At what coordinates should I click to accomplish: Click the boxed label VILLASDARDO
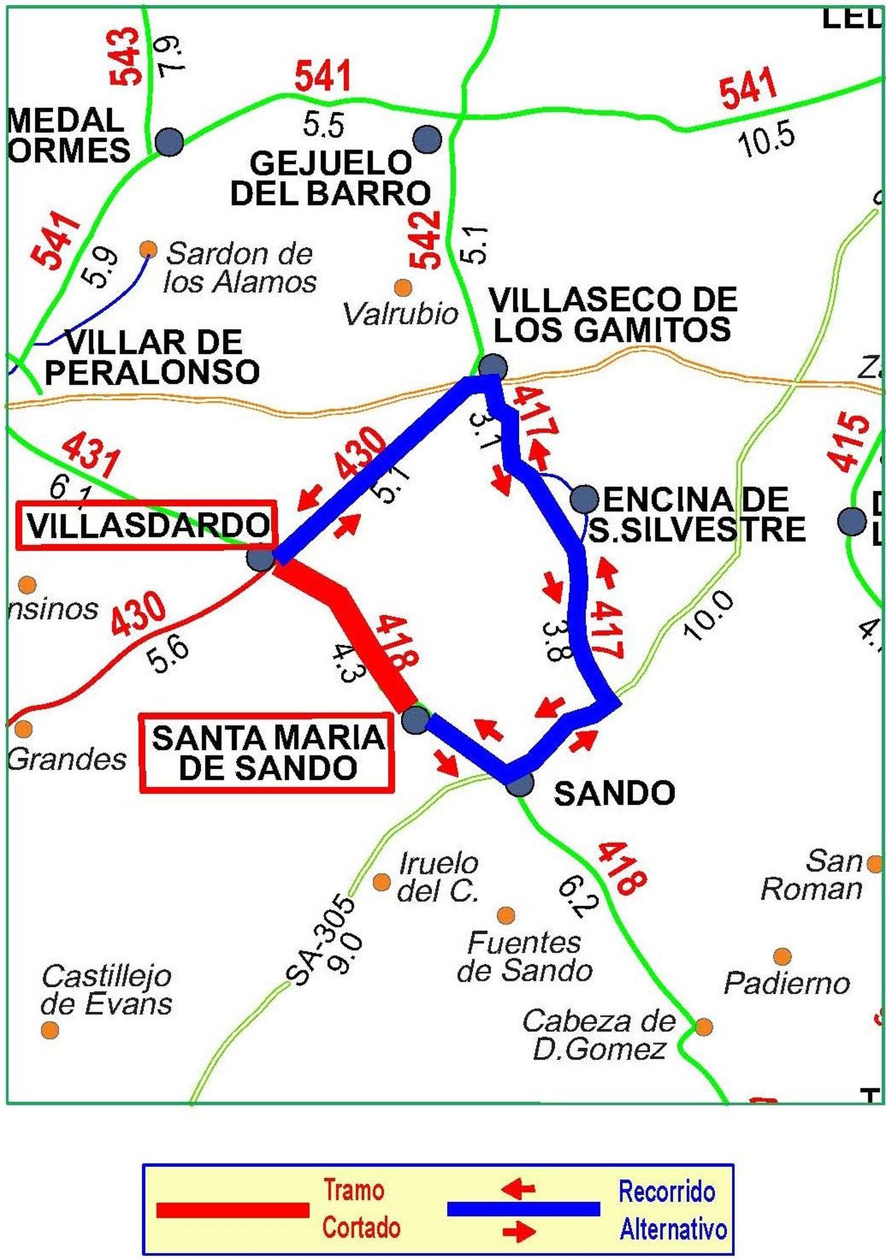(146, 525)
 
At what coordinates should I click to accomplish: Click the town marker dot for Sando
(520, 784)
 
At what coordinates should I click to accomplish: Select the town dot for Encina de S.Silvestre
(584, 497)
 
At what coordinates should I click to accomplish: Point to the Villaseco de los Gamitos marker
(492, 366)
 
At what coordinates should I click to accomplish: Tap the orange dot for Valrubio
(403, 287)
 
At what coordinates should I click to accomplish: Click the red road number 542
(425, 241)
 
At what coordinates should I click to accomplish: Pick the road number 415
(847, 442)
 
